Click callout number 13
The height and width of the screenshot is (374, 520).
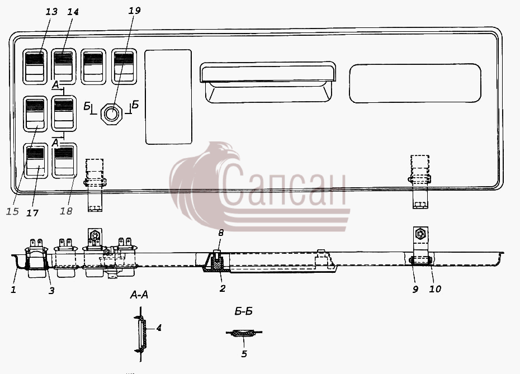pyautogui.click(x=51, y=12)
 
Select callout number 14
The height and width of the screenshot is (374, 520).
pyautogui.click(x=73, y=12)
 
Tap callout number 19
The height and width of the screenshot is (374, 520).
pyautogui.click(x=134, y=11)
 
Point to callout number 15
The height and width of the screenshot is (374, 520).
pyautogui.click(x=13, y=211)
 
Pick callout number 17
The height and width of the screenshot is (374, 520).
pyautogui.click(x=32, y=213)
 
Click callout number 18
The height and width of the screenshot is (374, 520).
pyautogui.click(x=66, y=211)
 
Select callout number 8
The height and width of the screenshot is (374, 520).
pyautogui.click(x=221, y=233)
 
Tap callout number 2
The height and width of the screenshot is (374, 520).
pyautogui.click(x=223, y=288)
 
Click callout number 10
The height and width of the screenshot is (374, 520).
pyautogui.click(x=435, y=289)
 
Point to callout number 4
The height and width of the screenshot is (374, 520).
pyautogui.click(x=159, y=328)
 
